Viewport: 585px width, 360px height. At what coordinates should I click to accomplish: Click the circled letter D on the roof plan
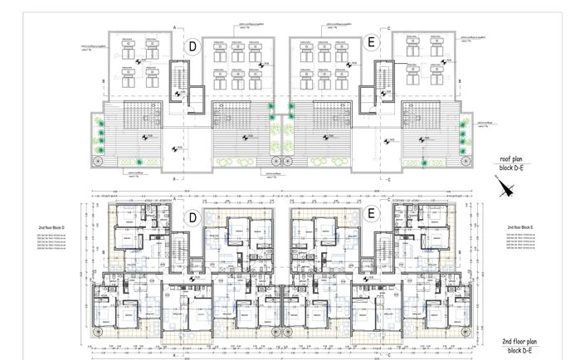coord(193,47)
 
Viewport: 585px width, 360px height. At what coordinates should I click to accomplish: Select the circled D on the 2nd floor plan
coord(193,219)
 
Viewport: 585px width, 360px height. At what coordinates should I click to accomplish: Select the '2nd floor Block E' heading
coord(521,226)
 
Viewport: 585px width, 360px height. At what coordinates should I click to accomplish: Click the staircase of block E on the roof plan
coord(383,87)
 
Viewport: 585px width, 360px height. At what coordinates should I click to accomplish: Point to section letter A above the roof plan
coord(174,27)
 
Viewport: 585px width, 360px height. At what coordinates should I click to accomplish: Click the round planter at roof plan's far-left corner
coord(97,162)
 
